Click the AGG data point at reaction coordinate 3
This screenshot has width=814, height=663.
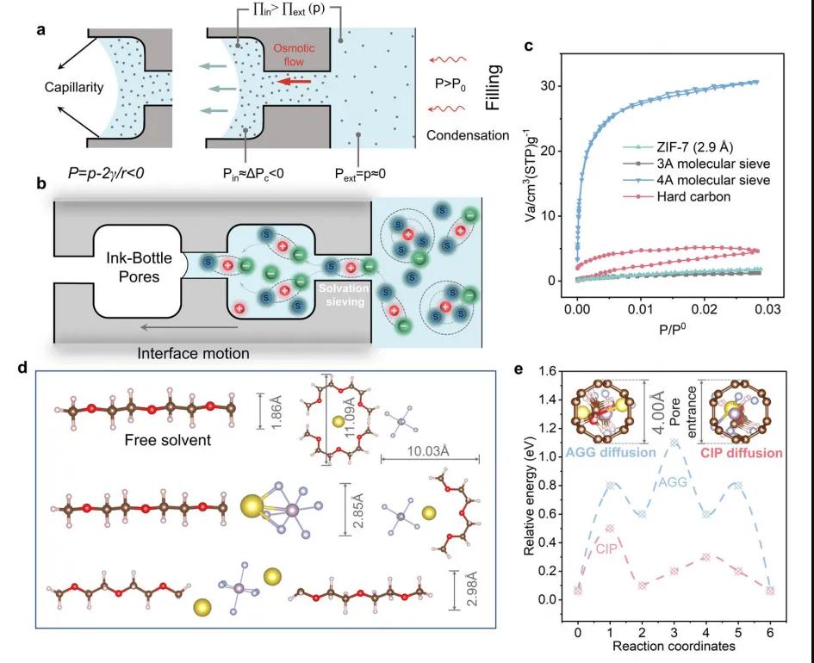point(676,443)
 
